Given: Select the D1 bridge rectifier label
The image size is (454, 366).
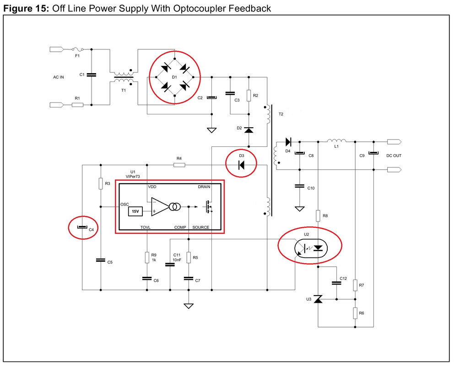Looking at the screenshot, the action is [x=174, y=77].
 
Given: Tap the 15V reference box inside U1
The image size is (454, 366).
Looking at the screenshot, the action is [x=135, y=211].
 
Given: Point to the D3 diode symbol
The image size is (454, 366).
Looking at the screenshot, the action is [x=241, y=165].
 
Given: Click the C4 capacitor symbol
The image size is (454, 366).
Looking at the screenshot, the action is [x=82, y=227].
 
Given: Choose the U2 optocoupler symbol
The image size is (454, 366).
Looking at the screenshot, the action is [x=311, y=248].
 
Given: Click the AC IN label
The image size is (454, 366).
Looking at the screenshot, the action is [x=59, y=77].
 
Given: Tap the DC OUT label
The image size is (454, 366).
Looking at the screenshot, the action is [x=394, y=156].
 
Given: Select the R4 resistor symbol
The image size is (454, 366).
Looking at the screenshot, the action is [x=179, y=165].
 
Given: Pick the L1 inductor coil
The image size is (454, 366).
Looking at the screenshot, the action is [x=336, y=141].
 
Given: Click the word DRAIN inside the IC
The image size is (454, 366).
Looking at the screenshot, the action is [x=204, y=187].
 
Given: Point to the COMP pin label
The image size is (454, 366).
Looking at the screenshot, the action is [x=180, y=227].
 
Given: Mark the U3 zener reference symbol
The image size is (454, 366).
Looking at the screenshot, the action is [x=318, y=299].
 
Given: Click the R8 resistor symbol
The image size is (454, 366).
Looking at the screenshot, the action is [x=318, y=216].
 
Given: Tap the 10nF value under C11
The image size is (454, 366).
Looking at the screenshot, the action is [x=177, y=260].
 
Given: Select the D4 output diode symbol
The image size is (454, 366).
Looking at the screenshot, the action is [x=288, y=142].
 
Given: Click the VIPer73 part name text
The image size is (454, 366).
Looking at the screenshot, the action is [x=133, y=176].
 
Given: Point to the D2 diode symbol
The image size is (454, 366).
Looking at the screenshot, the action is [x=249, y=130].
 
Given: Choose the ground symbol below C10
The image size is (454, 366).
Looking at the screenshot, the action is [x=299, y=209].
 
